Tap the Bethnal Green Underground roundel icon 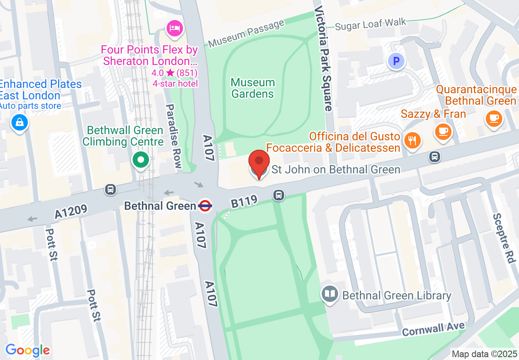tap(205, 206)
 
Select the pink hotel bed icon tap(175, 28)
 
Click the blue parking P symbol tap(396, 62)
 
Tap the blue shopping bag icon tap(19, 122)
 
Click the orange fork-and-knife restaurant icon tap(412, 140)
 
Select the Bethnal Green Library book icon tap(330, 294)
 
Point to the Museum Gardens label tap(253, 88)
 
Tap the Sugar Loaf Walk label tap(370, 25)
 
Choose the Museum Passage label tap(246, 34)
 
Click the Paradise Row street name tap(173, 136)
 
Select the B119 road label tap(244, 201)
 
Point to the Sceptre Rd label tap(503, 239)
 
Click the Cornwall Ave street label tap(433, 328)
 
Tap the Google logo tap(27, 350)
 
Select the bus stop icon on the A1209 tap(110, 189)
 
